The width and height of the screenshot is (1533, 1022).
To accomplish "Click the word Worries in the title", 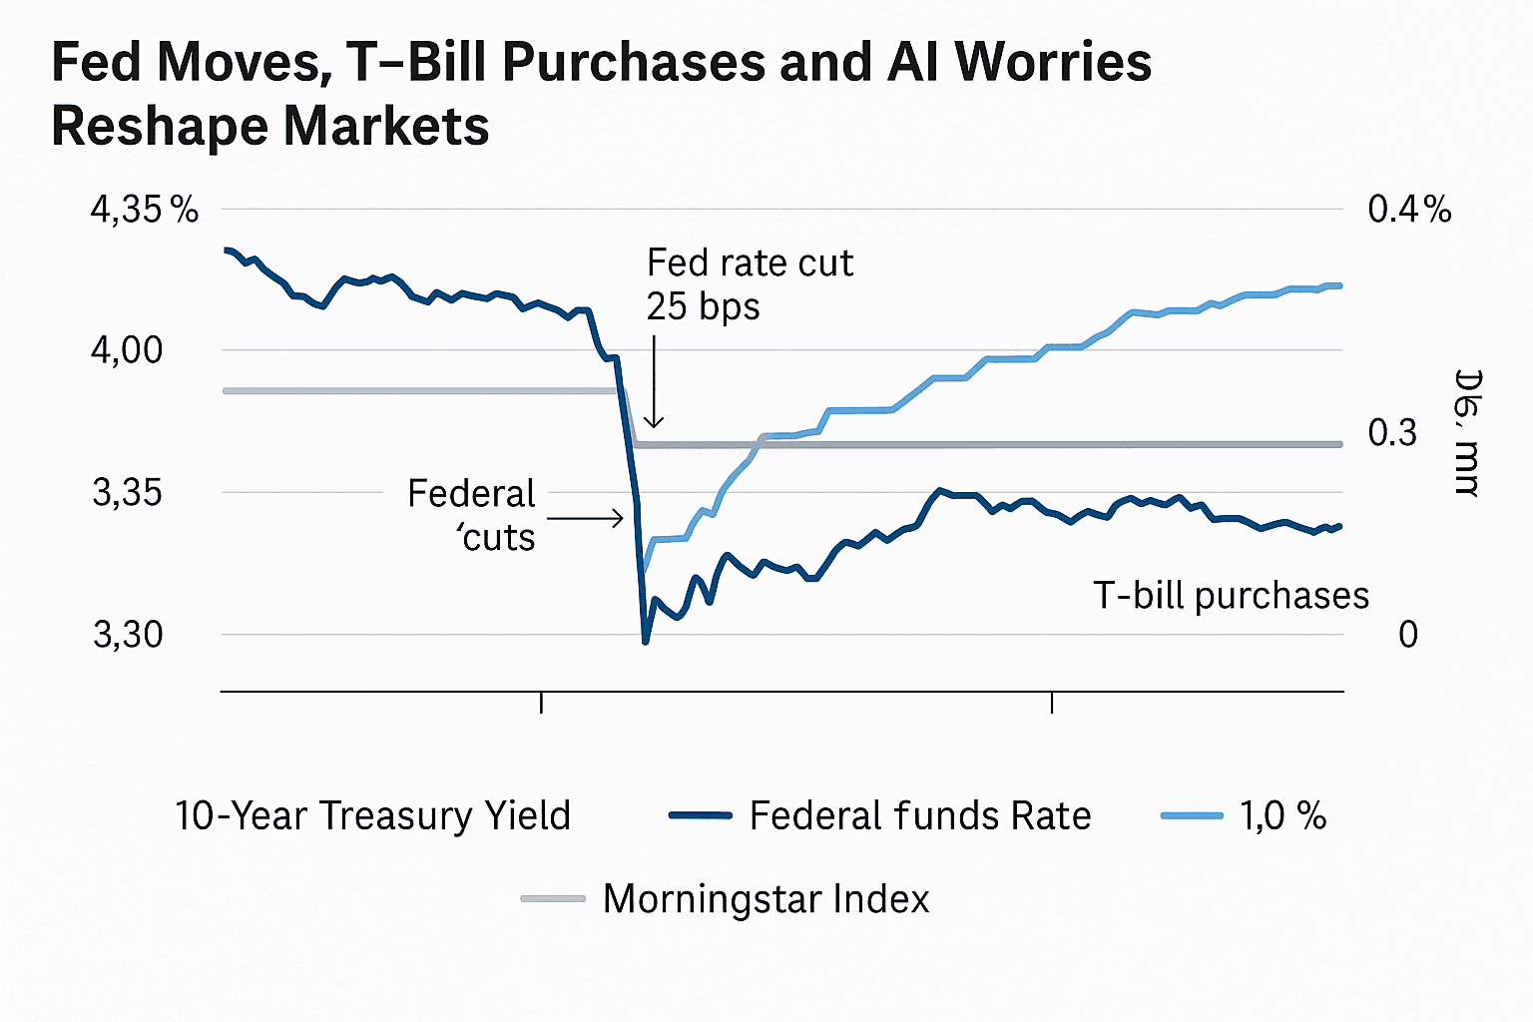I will point(1053,62).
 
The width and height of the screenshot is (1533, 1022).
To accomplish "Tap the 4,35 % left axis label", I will point(144,210).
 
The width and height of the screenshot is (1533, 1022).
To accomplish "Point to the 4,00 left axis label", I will point(127,350).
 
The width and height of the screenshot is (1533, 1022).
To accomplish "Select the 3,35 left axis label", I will point(127,493).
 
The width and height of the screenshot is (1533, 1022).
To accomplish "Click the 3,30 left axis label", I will point(127,635).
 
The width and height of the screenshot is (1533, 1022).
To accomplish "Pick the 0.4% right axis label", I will point(1409,210).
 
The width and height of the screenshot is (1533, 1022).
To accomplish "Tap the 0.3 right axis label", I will point(1392,433).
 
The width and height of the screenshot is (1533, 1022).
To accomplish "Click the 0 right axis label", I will point(1407,635).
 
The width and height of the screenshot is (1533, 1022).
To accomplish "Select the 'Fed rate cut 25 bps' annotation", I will point(749,284).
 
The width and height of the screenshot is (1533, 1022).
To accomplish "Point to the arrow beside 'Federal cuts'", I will point(587,518).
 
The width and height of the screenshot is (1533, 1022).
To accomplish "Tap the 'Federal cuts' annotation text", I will point(473,515).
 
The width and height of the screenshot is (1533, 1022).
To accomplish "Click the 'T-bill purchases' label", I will point(1231,596).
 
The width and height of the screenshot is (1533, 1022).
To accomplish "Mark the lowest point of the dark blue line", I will point(645,641).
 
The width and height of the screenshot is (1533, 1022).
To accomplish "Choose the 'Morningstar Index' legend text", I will point(766,899).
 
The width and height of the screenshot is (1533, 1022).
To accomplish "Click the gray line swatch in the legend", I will point(553,899).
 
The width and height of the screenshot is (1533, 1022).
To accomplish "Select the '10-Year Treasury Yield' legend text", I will point(372,816).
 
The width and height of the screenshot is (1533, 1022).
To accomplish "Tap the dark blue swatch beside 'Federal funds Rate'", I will point(700,816).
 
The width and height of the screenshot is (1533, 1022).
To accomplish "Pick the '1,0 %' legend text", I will point(1282,816).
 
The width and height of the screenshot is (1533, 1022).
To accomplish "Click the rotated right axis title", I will point(1467,433).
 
